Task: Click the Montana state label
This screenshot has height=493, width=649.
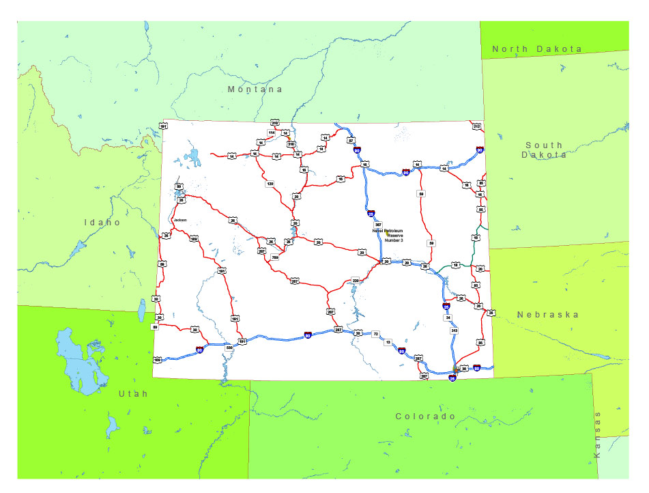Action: (255, 89)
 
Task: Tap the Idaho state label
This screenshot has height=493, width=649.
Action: (102, 222)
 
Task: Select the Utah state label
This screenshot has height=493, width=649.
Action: (132, 394)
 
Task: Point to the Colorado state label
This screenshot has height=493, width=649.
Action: (425, 416)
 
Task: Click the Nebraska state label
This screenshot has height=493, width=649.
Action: (547, 315)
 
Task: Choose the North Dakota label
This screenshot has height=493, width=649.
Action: (537, 49)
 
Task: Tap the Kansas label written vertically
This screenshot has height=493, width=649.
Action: (598, 434)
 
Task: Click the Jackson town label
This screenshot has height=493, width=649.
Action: (180, 220)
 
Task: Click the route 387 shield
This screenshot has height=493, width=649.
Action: (379, 225)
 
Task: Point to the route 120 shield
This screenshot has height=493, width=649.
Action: (270, 184)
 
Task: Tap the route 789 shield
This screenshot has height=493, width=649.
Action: (275, 257)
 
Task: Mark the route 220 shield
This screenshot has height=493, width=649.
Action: (355, 280)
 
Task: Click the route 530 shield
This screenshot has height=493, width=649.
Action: (229, 348)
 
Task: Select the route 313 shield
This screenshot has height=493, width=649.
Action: (455, 330)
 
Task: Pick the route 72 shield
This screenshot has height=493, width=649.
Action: (375, 334)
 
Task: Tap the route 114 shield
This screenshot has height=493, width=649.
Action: (271, 132)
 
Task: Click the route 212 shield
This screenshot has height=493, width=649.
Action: (476, 127)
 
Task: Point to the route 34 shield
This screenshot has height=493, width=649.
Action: (448, 318)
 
